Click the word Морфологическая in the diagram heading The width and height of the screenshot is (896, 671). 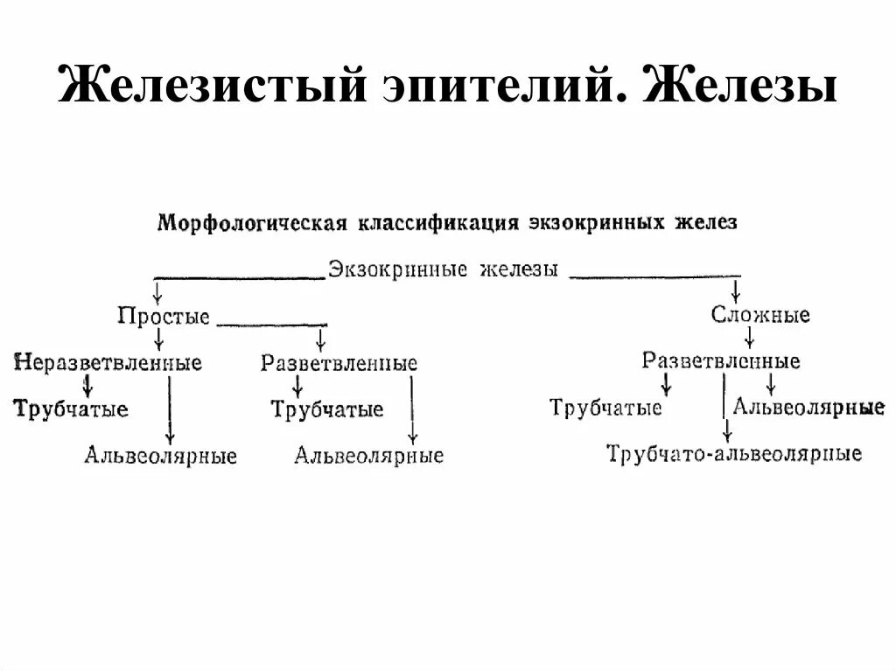[x=253, y=222]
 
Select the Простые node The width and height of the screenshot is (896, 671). [x=164, y=316]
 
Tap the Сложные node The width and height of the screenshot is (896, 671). [x=760, y=315]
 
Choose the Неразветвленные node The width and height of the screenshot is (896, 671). [x=108, y=362]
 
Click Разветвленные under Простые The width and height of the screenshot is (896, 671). [x=339, y=363]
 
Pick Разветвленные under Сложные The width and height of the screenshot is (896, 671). [x=721, y=360]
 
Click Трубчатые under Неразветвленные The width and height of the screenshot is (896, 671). [x=71, y=409]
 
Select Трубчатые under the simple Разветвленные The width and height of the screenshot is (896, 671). [x=326, y=409]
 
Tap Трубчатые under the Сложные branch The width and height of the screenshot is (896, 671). [x=605, y=408]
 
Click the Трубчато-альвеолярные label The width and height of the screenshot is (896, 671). [x=734, y=453]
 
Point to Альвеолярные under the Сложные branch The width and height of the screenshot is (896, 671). [x=808, y=407]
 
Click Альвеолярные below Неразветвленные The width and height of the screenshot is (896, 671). [x=161, y=456]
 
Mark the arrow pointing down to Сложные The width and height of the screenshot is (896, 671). [x=735, y=290]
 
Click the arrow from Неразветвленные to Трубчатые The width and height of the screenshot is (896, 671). [x=87, y=385]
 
